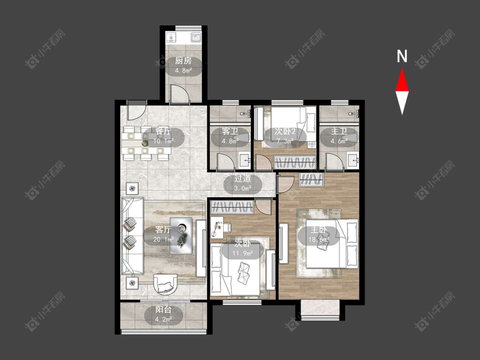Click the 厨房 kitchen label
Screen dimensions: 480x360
tap(183, 61)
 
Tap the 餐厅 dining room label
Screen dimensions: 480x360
tap(163, 132)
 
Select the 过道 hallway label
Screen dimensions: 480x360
tap(243, 179)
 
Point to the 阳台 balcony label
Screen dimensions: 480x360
tap(163, 310)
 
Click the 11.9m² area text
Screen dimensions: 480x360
tap(243, 253)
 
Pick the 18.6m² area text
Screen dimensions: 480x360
tap(319, 239)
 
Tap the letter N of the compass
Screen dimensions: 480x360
tap(402, 56)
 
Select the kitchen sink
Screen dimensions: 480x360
tap(195, 38)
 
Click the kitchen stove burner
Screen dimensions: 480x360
tap(171, 38)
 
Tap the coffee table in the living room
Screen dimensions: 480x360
tap(181, 236)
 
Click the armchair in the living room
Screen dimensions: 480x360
tap(165, 284)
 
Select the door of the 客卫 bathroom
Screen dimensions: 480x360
tap(226, 161)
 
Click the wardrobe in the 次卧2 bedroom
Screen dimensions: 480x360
tap(295, 162)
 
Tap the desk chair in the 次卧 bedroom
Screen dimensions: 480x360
tap(227, 227)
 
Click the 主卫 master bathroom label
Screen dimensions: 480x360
tap(339, 132)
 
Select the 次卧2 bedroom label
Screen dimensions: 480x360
tap(285, 132)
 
